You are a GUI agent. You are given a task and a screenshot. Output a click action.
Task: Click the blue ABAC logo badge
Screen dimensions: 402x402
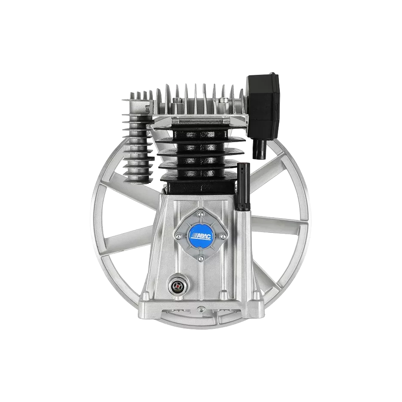(x=200, y=234)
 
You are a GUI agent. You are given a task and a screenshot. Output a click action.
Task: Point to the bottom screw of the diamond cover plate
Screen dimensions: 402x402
(x=200, y=257)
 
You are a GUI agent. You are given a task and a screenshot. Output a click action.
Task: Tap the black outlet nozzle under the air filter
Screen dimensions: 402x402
(x=260, y=148)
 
